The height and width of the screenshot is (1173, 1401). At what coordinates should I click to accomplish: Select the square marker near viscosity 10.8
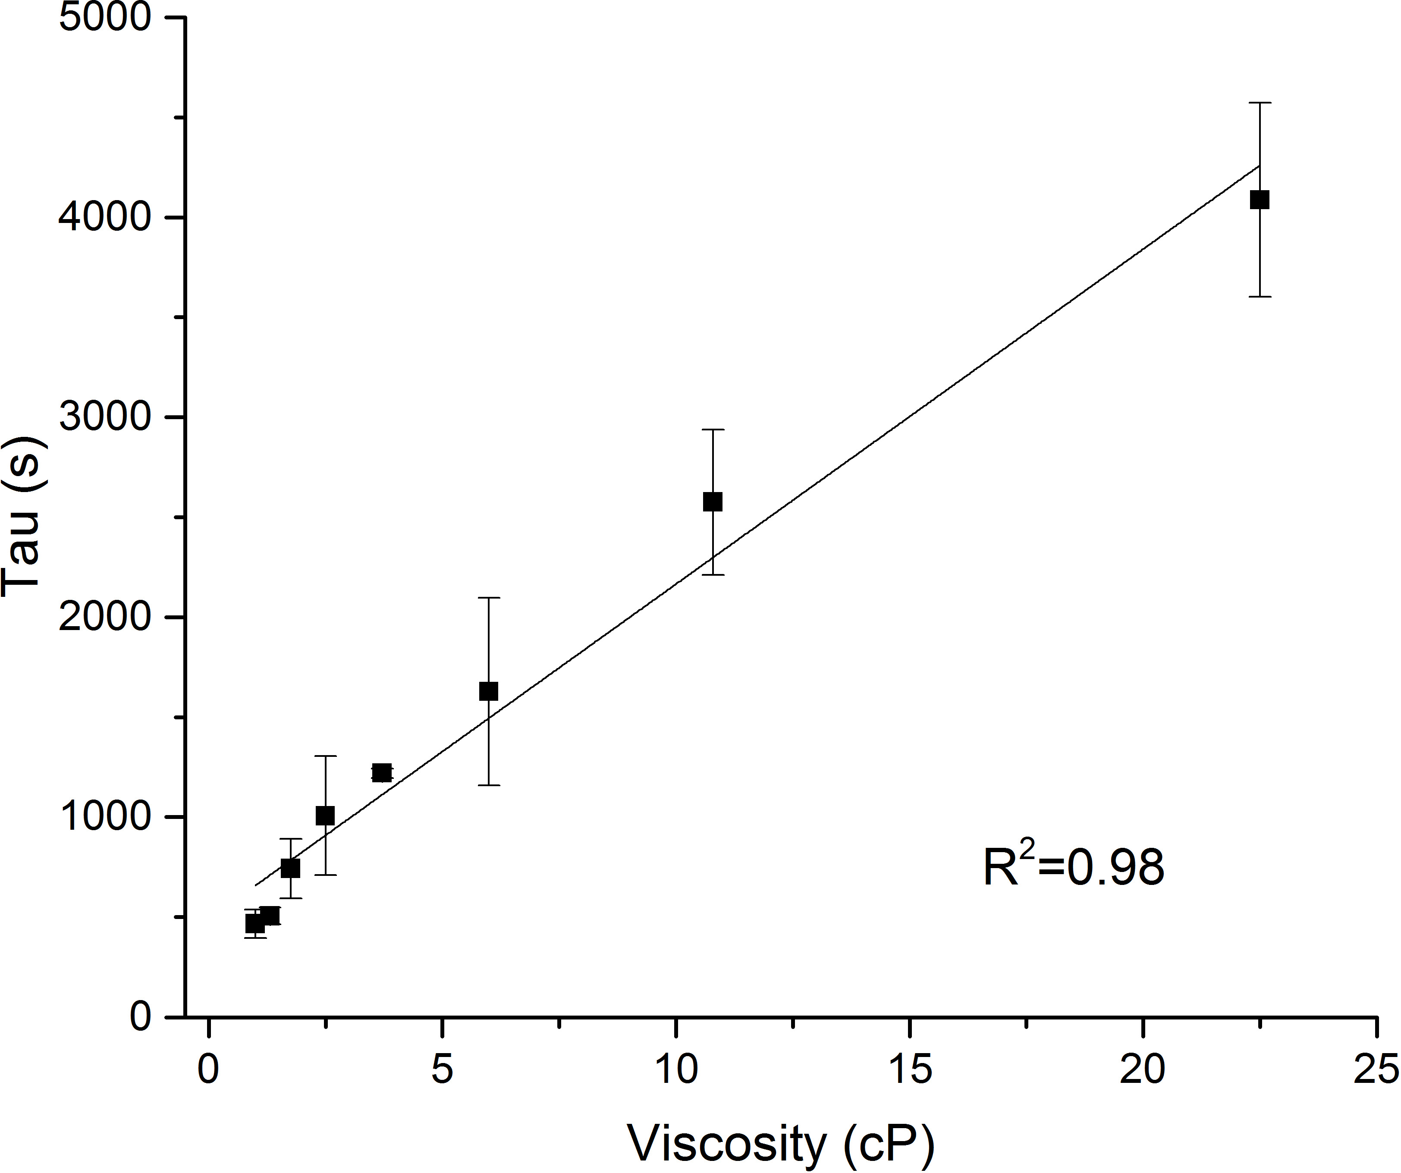pyautogui.click(x=713, y=502)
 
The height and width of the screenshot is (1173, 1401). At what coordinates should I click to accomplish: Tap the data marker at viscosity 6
pyautogui.click(x=488, y=692)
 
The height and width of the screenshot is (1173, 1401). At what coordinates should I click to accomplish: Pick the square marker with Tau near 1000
pyautogui.click(x=325, y=815)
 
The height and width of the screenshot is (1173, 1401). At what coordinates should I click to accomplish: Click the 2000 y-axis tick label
pyautogui.click(x=105, y=617)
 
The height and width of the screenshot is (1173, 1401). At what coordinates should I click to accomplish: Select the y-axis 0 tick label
pyautogui.click(x=141, y=1016)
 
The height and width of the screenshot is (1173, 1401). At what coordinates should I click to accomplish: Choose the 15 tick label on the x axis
pyautogui.click(x=910, y=1069)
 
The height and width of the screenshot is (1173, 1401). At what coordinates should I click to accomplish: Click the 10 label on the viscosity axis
pyautogui.click(x=676, y=1069)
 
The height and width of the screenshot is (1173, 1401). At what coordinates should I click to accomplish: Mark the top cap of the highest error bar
pyautogui.click(x=1259, y=103)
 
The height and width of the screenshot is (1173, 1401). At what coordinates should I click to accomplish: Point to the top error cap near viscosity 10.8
pyautogui.click(x=713, y=430)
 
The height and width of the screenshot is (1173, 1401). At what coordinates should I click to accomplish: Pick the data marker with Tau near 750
pyautogui.click(x=290, y=868)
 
